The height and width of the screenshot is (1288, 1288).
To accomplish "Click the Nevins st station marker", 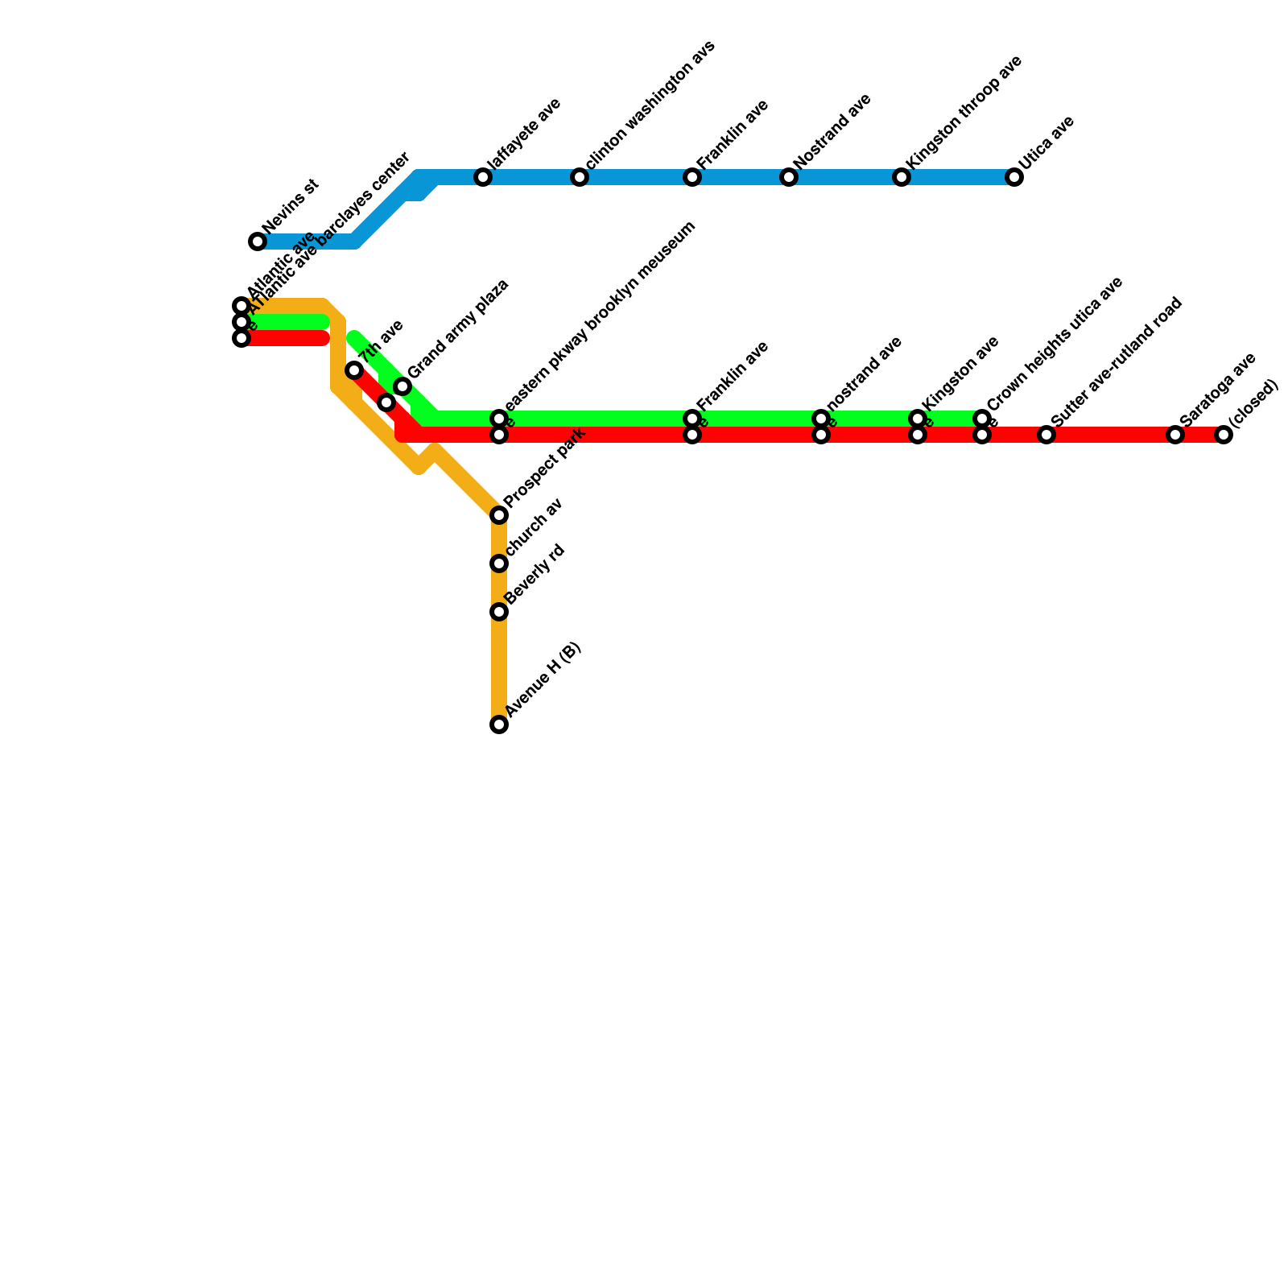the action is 258,242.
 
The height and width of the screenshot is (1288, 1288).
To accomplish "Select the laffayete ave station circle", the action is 483,177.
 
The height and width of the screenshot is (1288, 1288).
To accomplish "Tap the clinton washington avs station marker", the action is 580,177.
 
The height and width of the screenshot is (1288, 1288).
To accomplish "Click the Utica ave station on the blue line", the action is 1014,177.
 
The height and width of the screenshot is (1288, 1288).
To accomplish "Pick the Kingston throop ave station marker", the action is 902,177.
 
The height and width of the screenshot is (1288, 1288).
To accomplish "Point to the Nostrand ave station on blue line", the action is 789,177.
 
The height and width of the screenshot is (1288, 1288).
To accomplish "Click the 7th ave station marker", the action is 354,370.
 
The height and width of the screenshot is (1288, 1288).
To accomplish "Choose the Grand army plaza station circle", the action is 402,386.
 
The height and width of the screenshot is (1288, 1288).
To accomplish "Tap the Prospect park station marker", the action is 499,515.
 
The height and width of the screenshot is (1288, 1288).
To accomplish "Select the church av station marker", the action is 499,563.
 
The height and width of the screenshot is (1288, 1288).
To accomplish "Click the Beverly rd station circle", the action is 499,612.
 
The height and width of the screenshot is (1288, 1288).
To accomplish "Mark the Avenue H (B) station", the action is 499,724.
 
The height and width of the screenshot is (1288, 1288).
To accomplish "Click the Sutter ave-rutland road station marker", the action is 1046,435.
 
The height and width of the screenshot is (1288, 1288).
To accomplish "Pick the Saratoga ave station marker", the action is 1175,435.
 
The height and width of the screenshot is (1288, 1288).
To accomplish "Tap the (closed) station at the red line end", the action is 1224,435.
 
